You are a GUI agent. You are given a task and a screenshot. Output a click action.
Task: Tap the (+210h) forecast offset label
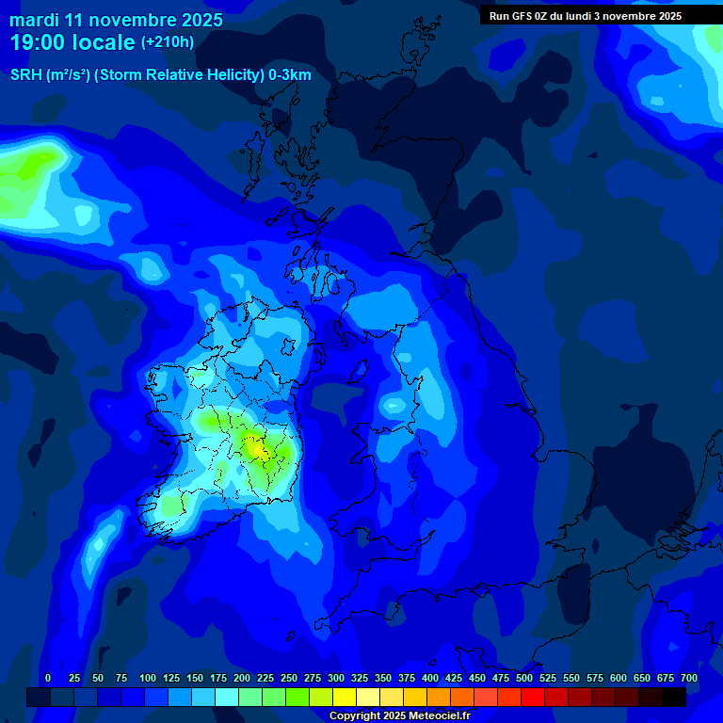tap(168, 42)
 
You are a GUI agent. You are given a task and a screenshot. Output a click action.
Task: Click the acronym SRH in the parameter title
tap(25, 75)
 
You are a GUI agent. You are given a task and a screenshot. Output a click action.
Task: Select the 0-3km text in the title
tap(289, 75)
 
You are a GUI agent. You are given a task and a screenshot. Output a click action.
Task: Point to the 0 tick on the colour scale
tap(48, 678)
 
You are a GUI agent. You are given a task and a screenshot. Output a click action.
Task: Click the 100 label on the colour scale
tap(148, 678)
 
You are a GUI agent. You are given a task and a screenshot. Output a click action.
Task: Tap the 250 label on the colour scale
tap(289, 678)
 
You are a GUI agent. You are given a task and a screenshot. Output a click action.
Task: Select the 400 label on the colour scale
tap(430, 678)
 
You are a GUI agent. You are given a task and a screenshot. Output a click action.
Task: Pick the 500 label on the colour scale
tap(524, 678)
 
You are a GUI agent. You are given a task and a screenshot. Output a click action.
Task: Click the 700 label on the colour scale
tap(689, 678)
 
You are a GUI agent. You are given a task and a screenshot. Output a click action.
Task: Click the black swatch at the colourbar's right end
tap(674, 698)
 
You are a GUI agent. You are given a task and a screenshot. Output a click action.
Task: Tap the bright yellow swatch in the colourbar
tap(345, 698)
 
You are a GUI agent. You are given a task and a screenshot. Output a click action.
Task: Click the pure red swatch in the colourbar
tap(533, 698)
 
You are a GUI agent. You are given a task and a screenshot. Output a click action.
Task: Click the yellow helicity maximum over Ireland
tap(256, 450)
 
